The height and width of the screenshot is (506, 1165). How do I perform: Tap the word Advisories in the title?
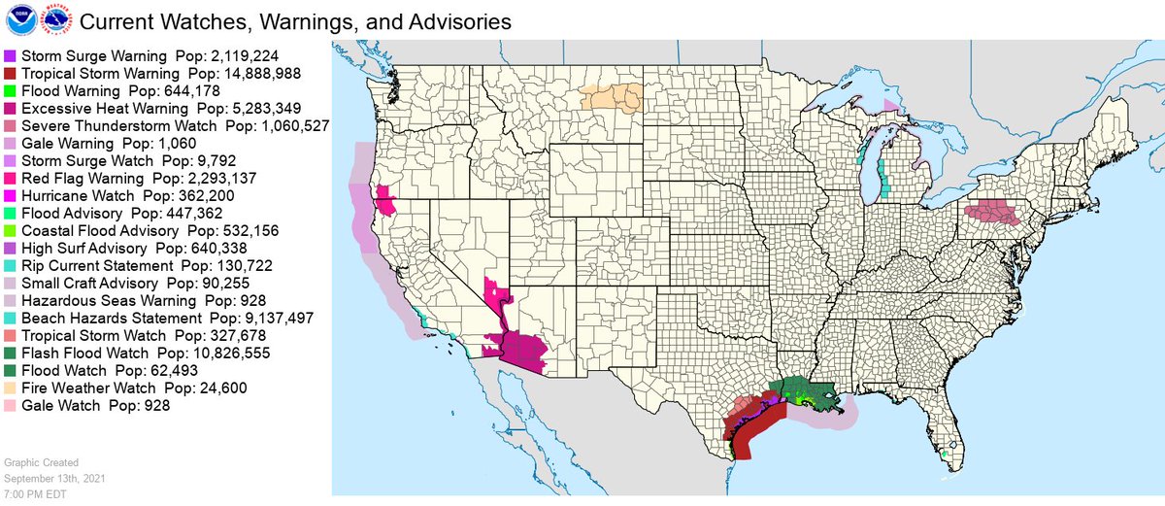443,20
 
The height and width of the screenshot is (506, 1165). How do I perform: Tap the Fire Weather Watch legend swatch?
10,388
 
